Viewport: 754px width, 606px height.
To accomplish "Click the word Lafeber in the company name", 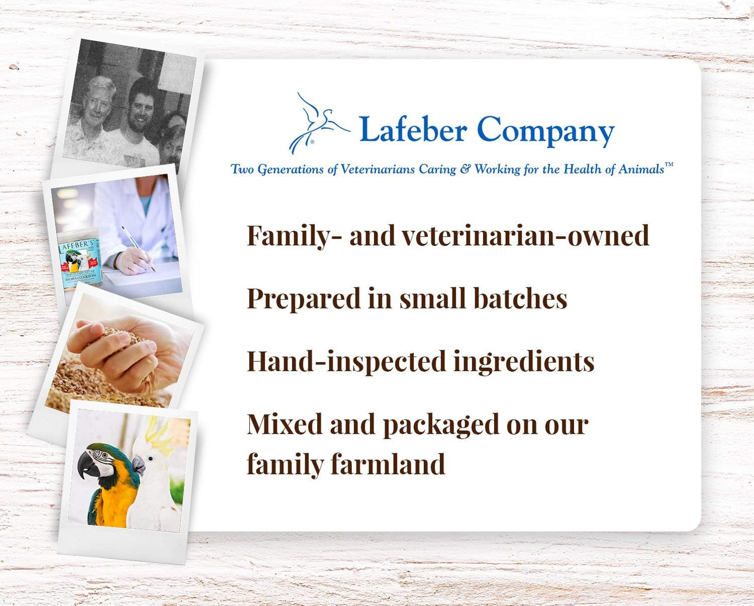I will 413,129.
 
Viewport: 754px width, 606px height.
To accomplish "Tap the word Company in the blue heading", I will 545,130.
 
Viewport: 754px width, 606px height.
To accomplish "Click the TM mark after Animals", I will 669,165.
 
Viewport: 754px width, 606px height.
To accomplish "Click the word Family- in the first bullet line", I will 294,236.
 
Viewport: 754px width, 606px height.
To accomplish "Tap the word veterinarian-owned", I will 525,236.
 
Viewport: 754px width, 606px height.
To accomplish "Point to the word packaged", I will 440,425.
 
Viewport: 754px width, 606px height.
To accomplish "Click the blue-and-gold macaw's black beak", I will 87,466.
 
